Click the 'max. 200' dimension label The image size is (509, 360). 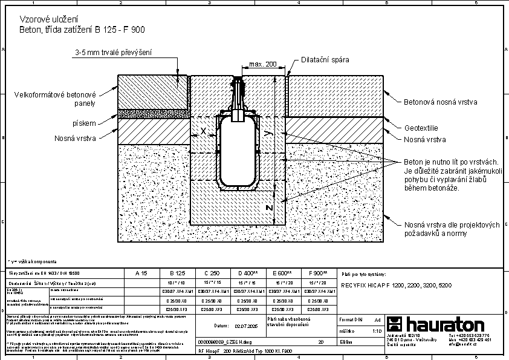(x=262, y=64)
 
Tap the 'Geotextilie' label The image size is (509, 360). (x=422, y=128)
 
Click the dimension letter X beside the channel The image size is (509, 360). (x=204, y=131)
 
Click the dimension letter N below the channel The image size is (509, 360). (x=270, y=208)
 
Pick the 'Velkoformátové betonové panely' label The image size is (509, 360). (x=56, y=99)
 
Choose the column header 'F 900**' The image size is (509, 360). (x=318, y=273)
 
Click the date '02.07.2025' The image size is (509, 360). (x=244, y=326)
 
